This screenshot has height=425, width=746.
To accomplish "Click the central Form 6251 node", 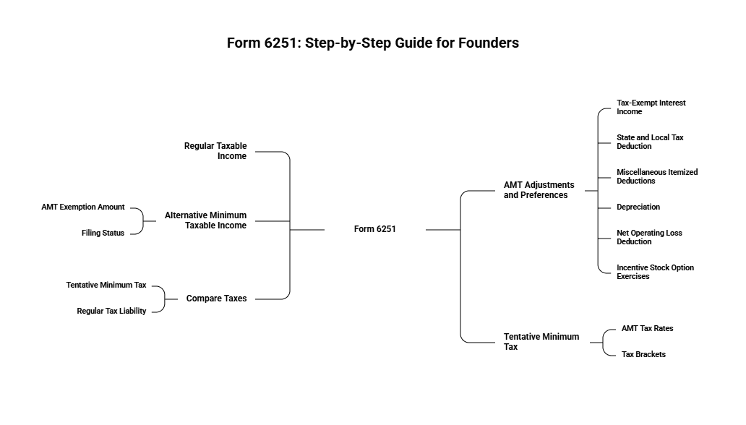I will pyautogui.click(x=374, y=229).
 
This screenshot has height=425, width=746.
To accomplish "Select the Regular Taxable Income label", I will pyautogui.click(x=215, y=151).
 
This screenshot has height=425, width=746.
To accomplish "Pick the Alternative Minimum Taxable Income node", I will pyautogui.click(x=205, y=220).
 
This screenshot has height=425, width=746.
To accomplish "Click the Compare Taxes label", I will pyautogui.click(x=216, y=299).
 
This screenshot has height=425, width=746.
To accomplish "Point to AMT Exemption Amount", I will pyautogui.click(x=83, y=207).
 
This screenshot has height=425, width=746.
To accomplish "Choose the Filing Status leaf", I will pyautogui.click(x=103, y=233).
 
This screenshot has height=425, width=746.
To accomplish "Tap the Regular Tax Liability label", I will pyautogui.click(x=111, y=311).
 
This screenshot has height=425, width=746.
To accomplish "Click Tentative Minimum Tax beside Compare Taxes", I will pyautogui.click(x=106, y=285).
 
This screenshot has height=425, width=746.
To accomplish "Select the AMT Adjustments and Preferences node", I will pyautogui.click(x=539, y=190).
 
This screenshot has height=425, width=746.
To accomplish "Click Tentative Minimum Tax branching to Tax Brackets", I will pyautogui.click(x=541, y=342).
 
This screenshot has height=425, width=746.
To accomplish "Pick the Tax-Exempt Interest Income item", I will pyautogui.click(x=651, y=107).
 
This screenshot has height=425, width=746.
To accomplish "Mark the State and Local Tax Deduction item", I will pyautogui.click(x=649, y=142).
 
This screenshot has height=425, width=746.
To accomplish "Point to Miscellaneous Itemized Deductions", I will pyautogui.click(x=656, y=176).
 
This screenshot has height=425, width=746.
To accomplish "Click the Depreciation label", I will pyautogui.click(x=638, y=207).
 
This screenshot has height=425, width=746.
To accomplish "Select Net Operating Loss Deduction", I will pyautogui.click(x=649, y=237).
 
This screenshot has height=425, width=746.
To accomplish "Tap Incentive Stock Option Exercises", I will pyautogui.click(x=655, y=272).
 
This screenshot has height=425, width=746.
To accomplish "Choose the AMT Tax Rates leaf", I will pyautogui.click(x=647, y=328).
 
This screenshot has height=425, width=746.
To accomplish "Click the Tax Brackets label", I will pyautogui.click(x=643, y=354).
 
